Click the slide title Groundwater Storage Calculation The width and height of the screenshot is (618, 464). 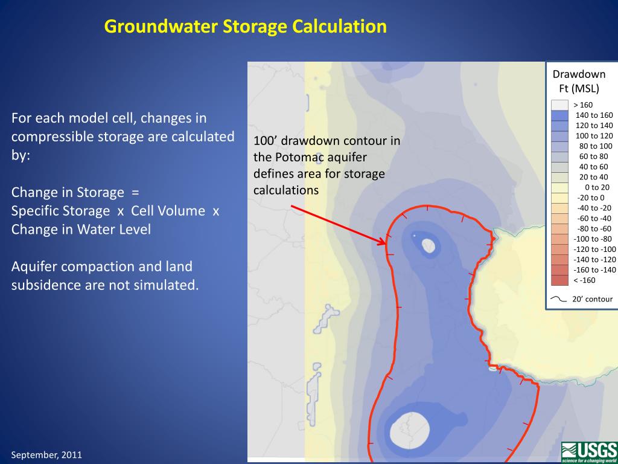(245, 27)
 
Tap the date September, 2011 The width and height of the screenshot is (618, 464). (46, 454)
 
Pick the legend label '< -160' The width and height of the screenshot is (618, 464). (584, 280)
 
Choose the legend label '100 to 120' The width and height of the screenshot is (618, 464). (594, 135)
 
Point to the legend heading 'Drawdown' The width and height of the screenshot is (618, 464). (579, 74)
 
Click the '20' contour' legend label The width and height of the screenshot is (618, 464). (591, 299)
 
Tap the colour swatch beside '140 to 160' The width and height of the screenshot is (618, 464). (560, 115)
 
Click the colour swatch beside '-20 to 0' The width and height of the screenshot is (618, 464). (560, 198)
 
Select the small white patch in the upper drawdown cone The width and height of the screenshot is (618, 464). (428, 245)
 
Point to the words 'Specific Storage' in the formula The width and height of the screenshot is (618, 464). (60, 211)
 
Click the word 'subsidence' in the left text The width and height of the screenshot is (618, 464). (44, 285)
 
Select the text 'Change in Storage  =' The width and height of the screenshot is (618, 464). (75, 193)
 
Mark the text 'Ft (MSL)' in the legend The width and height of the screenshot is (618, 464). (579, 89)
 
